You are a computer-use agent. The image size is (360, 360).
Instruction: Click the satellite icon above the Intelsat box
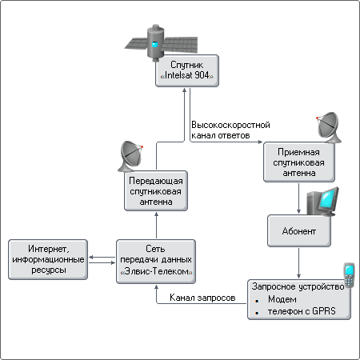[161, 42]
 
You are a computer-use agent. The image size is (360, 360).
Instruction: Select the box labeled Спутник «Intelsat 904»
[187, 70]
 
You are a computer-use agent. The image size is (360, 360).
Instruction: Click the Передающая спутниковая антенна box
[156, 191]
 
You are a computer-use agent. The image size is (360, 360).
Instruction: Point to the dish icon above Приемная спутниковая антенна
[329, 127]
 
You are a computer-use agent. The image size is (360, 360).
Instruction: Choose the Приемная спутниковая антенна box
[299, 162]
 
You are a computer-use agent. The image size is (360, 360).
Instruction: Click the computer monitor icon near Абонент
[322, 202]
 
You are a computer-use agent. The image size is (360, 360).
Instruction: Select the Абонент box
[299, 231]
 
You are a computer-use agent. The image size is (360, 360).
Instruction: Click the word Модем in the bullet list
[282, 299]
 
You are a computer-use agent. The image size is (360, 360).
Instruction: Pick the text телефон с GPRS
[302, 311]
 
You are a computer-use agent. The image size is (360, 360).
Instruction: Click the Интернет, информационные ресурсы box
[48, 259]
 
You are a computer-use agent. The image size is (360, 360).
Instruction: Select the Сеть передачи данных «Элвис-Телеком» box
[156, 262]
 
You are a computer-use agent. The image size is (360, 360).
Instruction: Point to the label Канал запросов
[202, 298]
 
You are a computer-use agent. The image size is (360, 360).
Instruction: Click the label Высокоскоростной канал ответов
[230, 130]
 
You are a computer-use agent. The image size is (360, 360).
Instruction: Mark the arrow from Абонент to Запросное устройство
[298, 263]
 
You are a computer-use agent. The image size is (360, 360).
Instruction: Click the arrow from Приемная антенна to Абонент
[298, 198]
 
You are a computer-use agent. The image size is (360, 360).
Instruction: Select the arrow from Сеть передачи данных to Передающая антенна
[156, 225]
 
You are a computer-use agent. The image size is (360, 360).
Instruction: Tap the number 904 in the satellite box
[202, 75]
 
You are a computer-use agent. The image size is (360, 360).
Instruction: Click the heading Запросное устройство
[298, 286]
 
